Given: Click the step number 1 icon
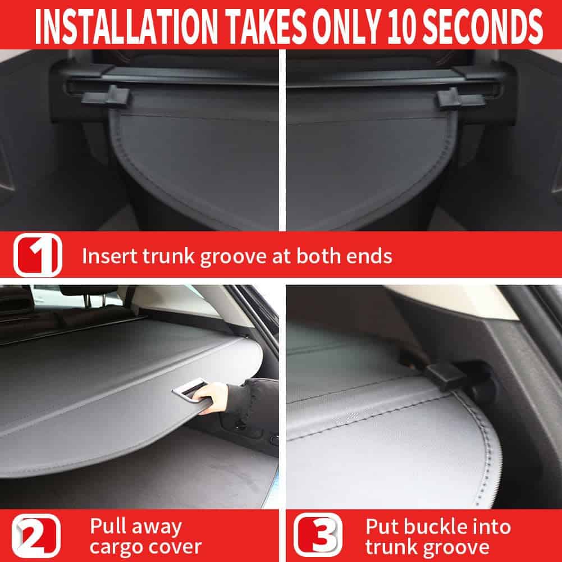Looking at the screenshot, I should (x=38, y=255).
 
